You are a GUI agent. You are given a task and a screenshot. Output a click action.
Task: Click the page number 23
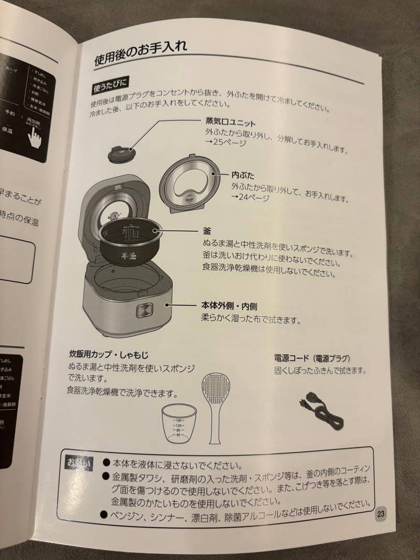coord(381,514)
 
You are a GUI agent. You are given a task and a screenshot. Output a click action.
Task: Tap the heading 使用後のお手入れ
coord(140,51)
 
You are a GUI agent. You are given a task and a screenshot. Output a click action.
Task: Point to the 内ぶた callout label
coord(243,176)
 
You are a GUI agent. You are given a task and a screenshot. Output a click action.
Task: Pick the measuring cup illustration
coord(178,423)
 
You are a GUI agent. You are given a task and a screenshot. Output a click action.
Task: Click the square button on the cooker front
coord(144,311)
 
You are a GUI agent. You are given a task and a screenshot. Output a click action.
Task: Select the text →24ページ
coord(250,197)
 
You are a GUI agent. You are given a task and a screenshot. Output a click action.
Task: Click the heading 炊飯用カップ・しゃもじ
coord(108,355)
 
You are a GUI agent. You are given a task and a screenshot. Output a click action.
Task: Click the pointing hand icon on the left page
coord(35,136)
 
